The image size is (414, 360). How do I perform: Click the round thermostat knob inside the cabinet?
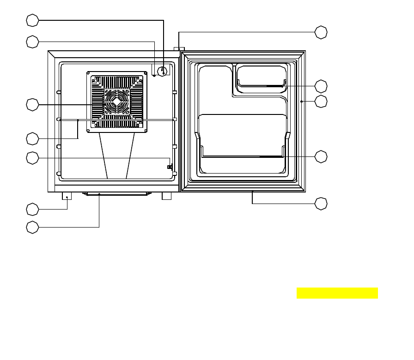(x=163, y=71)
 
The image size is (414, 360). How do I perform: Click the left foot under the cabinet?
(x=67, y=196)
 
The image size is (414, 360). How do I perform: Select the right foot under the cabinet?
(x=167, y=196)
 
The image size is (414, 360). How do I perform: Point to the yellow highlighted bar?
(x=337, y=293)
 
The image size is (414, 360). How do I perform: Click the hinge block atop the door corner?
(x=179, y=49)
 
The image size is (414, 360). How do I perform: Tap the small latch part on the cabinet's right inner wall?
(x=170, y=167)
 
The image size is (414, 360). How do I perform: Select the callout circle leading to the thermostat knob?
(x=32, y=20)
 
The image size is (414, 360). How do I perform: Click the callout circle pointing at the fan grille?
(x=32, y=105)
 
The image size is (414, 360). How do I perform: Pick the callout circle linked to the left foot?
(x=32, y=210)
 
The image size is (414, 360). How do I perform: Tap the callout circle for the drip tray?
(x=32, y=227)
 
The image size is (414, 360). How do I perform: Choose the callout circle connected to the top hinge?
(x=321, y=32)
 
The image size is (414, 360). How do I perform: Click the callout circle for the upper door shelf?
(x=321, y=86)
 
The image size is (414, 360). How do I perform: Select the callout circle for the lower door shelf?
(x=321, y=156)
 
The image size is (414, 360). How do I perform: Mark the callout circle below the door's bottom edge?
(x=321, y=203)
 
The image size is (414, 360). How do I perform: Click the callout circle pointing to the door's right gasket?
(x=321, y=102)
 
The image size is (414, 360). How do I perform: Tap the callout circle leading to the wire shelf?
(x=32, y=138)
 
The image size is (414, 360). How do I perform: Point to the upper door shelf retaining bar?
(x=261, y=85)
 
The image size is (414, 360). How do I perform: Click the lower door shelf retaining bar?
(x=243, y=156)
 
